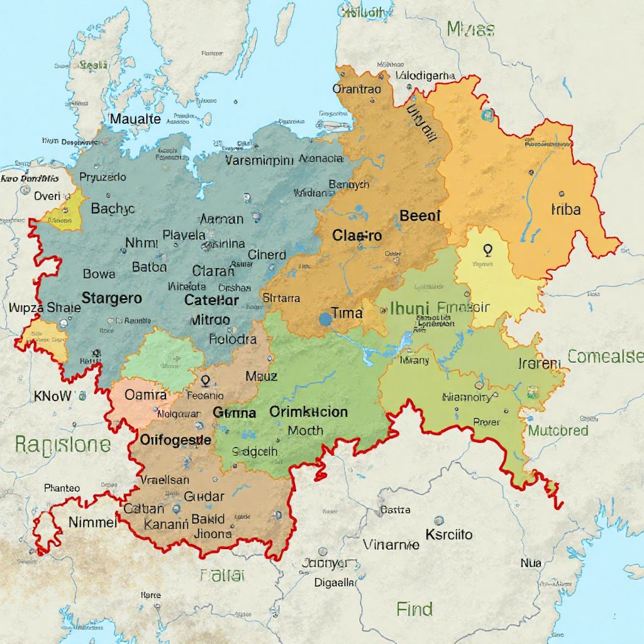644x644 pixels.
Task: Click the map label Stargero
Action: (112, 298)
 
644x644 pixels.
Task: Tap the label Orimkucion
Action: (308, 412)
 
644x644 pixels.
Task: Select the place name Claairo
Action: (357, 236)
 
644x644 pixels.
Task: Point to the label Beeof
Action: (420, 216)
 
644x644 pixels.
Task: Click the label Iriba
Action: (565, 209)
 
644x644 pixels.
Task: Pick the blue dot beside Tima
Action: (325, 319)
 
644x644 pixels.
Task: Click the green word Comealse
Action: (605, 357)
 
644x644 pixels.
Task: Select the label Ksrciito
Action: (448, 535)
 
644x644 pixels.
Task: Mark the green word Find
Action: (414, 609)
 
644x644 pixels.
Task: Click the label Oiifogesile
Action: (175, 440)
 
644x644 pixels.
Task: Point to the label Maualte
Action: (135, 119)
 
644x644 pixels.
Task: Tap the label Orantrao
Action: (357, 89)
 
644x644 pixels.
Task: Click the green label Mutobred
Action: (558, 431)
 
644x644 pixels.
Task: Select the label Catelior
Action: (211, 300)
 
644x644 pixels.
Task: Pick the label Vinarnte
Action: (391, 545)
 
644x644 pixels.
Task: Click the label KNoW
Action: (53, 396)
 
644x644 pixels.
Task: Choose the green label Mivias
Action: (470, 28)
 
